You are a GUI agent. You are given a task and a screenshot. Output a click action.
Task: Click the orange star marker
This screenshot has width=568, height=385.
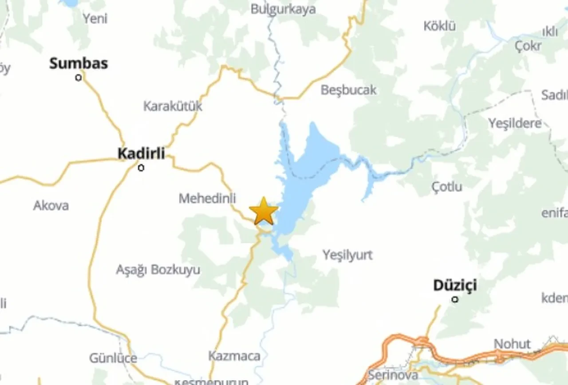coord(264,211)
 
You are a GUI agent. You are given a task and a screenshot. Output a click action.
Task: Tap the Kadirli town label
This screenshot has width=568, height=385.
coord(141,154)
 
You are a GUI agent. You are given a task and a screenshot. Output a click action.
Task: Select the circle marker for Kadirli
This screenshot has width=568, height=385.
coord(141,168)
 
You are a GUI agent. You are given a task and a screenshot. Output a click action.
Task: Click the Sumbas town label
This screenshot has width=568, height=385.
coord(79,64)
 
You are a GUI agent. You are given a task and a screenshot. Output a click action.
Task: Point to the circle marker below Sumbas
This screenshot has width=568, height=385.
coord(79,78)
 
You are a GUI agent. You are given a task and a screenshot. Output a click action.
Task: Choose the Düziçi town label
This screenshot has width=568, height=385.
coord(455,285)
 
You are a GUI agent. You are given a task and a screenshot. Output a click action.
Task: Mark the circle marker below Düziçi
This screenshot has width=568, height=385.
coord(455,299)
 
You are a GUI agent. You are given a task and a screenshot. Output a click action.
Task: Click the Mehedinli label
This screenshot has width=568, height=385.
coord(207,198)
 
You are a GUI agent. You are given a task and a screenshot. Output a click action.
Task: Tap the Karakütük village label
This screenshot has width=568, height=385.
coord(173,106)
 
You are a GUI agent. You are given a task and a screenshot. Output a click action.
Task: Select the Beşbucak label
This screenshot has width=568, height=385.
coord(348,90)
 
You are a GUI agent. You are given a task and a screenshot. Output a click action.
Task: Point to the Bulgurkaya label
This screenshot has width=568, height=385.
coord(283,9)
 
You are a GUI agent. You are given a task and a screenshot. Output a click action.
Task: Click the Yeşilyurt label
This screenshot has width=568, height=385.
coord(347,255)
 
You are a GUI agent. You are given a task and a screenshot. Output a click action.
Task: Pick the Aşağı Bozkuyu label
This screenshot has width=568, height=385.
coord(158,270)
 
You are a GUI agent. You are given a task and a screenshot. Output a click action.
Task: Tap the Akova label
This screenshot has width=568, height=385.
coord(51,205)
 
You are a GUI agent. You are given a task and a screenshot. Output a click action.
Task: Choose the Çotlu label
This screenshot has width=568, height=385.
coord(447,187)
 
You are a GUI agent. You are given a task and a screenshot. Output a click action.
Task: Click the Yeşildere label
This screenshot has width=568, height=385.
coord(515,123)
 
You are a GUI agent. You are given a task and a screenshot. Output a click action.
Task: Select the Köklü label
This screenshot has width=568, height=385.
coord(439,26)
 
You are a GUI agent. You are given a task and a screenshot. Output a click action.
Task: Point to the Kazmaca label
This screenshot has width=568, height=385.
coord(234,356)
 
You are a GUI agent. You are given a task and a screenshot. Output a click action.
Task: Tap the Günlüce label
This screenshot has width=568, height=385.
coord(113,358)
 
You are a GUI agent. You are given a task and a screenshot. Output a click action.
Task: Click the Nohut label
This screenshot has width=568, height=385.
coord(512,344)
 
